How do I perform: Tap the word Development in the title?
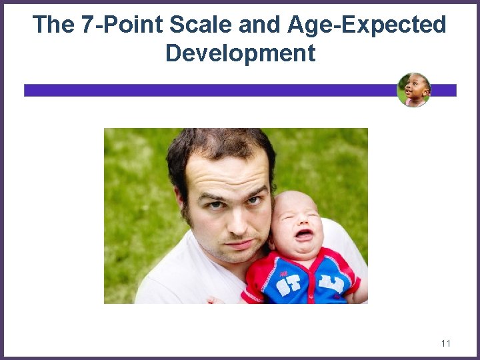(x=240, y=53)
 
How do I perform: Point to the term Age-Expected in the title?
(x=367, y=25)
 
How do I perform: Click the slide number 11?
(x=446, y=343)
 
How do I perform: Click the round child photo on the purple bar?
(x=414, y=90)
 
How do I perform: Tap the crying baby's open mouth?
(x=303, y=235)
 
